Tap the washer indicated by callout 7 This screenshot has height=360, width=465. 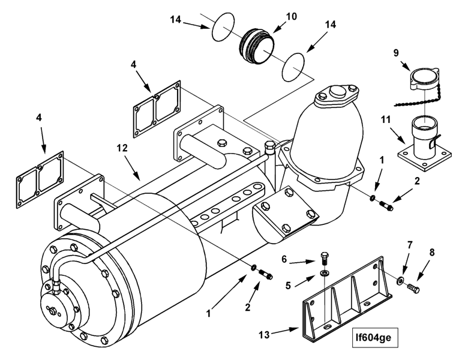[x=400, y=280]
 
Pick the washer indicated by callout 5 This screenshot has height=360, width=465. [x=325, y=274]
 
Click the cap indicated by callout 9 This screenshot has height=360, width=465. [x=421, y=79]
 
